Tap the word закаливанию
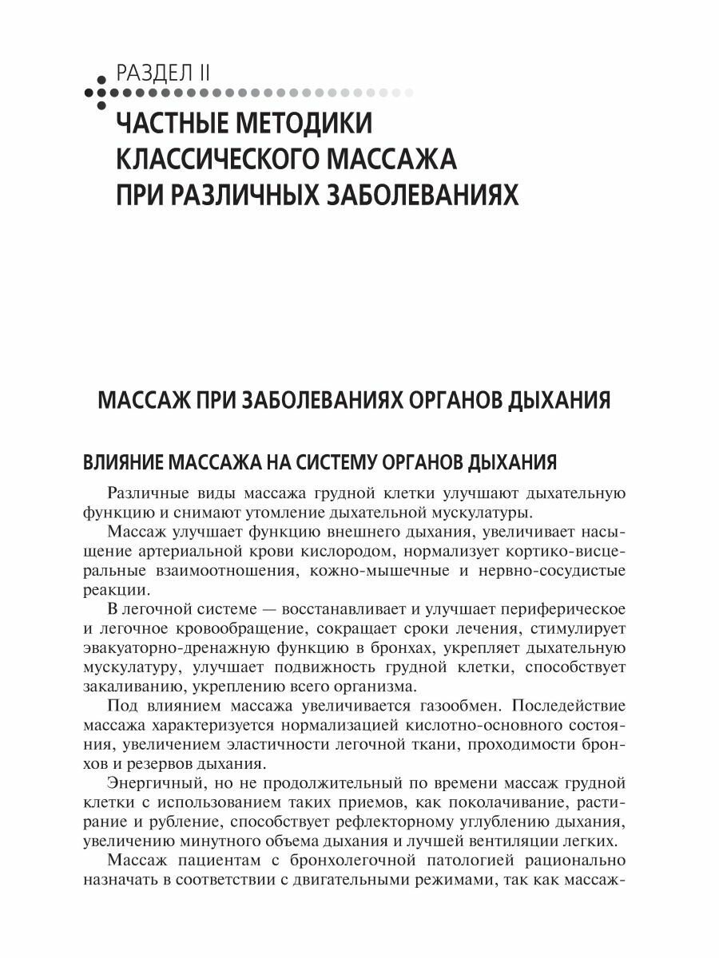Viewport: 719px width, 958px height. [x=133, y=686]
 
